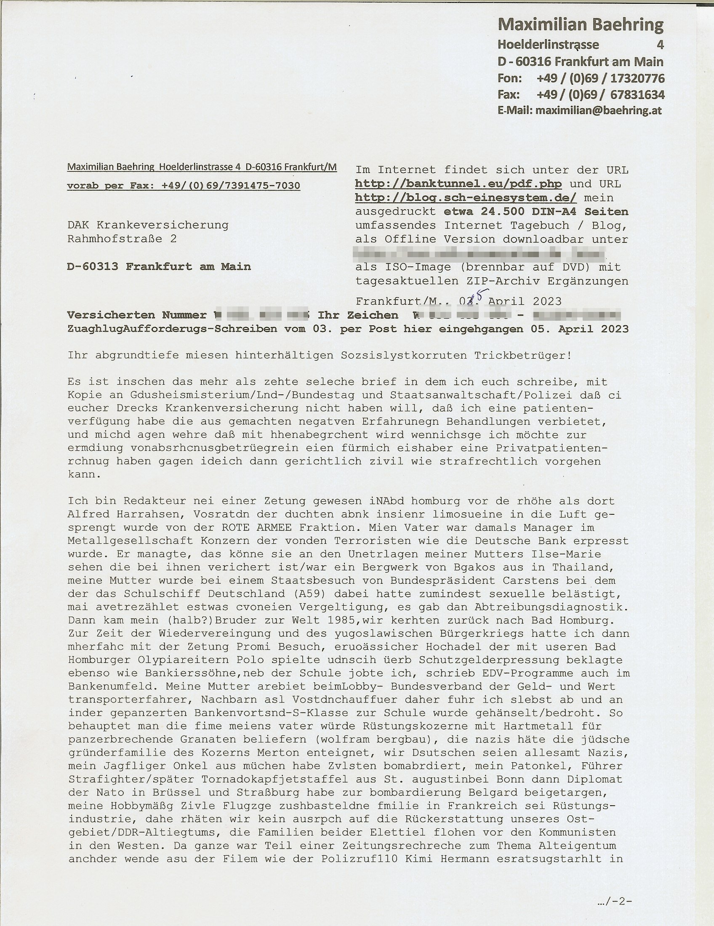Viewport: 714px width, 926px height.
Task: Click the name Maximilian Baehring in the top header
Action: tap(580, 25)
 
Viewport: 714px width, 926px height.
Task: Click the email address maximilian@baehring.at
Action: tap(598, 111)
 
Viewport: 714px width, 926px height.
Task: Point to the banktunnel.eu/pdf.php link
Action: tap(458, 184)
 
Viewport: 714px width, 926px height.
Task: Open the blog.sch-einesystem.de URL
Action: tap(466, 198)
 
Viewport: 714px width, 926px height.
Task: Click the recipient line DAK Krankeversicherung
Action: tap(147, 225)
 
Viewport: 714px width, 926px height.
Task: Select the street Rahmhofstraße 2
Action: tap(122, 239)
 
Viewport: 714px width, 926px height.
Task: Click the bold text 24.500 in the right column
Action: tap(504, 212)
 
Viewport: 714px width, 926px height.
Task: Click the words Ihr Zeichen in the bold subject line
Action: tap(358, 315)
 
